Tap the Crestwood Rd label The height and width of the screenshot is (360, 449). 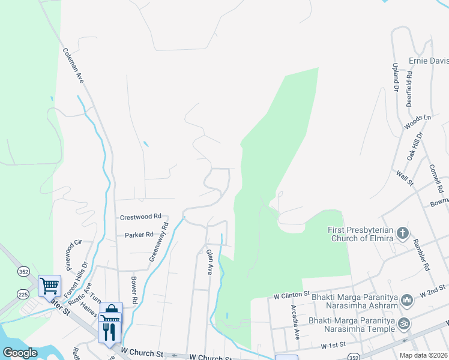141,216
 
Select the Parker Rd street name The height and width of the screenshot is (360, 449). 139,235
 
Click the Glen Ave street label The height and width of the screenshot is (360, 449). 209,262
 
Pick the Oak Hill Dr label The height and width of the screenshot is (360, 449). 414,146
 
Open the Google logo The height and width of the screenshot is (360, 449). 20,353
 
